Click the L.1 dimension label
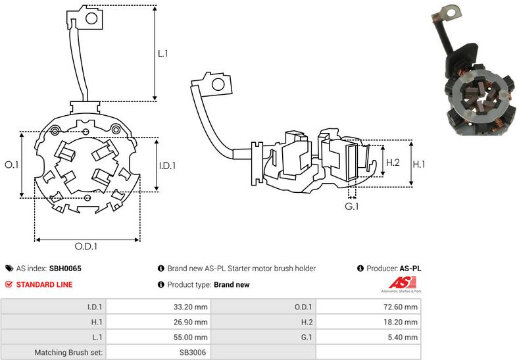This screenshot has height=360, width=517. (x=163, y=53)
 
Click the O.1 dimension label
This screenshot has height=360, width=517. (x=11, y=165)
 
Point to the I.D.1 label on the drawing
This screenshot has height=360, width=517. (x=167, y=166)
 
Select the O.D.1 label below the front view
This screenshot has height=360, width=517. (x=86, y=247)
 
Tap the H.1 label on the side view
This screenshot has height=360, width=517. (x=420, y=163)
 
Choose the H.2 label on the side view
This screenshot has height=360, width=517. (x=393, y=163)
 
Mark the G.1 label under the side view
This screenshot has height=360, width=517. (x=353, y=207)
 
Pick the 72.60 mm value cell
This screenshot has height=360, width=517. (x=402, y=307)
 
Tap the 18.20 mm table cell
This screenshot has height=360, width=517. (x=402, y=322)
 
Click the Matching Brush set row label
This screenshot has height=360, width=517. (x=69, y=353)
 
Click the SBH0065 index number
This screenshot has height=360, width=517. (x=65, y=269)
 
